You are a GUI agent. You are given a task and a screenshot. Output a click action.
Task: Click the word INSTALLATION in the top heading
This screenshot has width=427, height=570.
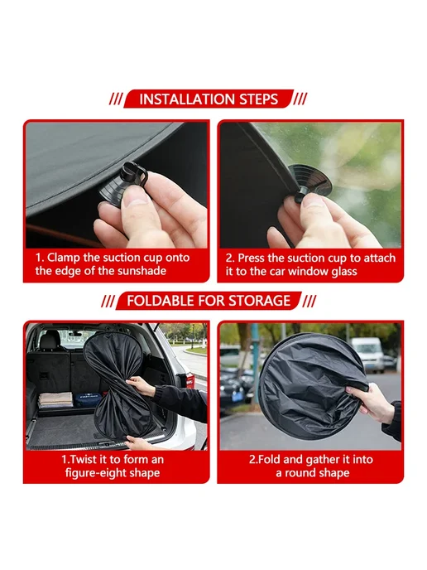click(x=186, y=99)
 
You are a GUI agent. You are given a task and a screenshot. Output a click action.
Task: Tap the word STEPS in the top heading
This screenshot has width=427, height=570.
click(x=258, y=99)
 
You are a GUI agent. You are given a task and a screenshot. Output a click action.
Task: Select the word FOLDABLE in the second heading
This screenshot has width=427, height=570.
click(x=161, y=301)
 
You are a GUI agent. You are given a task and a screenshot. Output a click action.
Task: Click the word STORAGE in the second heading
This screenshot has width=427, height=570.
click(x=259, y=301)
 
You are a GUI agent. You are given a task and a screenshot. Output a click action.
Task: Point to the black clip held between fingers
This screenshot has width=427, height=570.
click(x=132, y=175)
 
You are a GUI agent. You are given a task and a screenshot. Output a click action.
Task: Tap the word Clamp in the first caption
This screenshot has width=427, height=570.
click(x=64, y=258)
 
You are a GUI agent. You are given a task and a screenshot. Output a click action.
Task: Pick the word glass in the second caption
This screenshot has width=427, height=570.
click(x=344, y=271)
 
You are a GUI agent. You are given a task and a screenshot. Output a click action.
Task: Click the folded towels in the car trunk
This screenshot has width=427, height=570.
click(x=55, y=399)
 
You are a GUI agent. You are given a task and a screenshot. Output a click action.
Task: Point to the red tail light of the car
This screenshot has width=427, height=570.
click(x=190, y=380)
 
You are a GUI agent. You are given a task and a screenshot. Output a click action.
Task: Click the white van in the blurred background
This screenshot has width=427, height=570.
click(x=367, y=353)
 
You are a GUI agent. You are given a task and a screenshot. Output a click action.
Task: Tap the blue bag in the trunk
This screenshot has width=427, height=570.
click(x=89, y=399)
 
